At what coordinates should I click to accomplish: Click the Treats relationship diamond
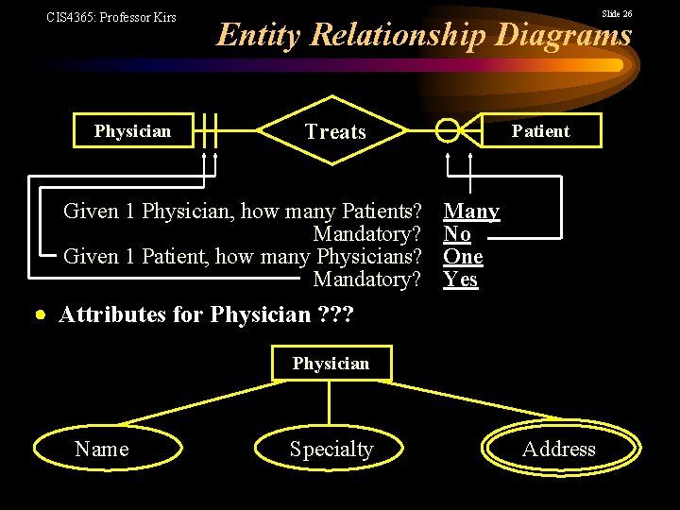pos(335,132)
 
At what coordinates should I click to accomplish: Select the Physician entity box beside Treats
pos(132,131)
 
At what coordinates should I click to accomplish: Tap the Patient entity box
pos(540,131)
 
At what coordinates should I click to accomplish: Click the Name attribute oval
pos(102,450)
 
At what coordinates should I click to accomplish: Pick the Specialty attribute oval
pos(331,450)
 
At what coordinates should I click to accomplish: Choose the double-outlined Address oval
pos(558,450)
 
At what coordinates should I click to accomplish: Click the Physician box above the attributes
pos(331,364)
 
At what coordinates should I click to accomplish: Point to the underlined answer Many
pos(471,211)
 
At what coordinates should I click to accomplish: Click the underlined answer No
pos(457,233)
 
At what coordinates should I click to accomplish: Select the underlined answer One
pos(463,256)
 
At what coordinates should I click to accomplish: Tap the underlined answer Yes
pos(460,279)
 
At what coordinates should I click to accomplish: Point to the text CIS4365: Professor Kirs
pos(111,17)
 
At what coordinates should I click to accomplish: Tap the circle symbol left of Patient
pos(447,132)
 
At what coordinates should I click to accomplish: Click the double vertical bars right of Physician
pos(208,132)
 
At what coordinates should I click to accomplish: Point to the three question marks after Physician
pos(334,314)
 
